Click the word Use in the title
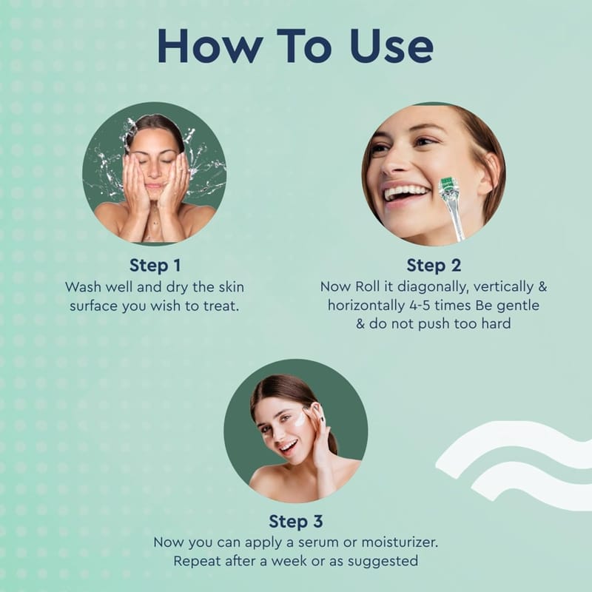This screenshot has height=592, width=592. (x=391, y=46)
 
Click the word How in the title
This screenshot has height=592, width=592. (x=210, y=46)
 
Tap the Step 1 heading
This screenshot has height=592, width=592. (x=155, y=265)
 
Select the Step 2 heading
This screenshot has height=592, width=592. (x=434, y=265)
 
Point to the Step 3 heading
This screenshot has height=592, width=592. (x=295, y=522)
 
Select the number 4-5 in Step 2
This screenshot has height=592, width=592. (x=420, y=305)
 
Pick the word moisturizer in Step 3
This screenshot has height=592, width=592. (x=400, y=542)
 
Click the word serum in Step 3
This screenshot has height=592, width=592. (x=318, y=543)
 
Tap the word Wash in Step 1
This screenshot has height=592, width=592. (x=83, y=287)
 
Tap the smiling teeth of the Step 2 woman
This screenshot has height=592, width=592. (x=405, y=193)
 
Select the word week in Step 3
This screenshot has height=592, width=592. (x=289, y=561)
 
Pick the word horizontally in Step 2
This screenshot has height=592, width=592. (x=366, y=306)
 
